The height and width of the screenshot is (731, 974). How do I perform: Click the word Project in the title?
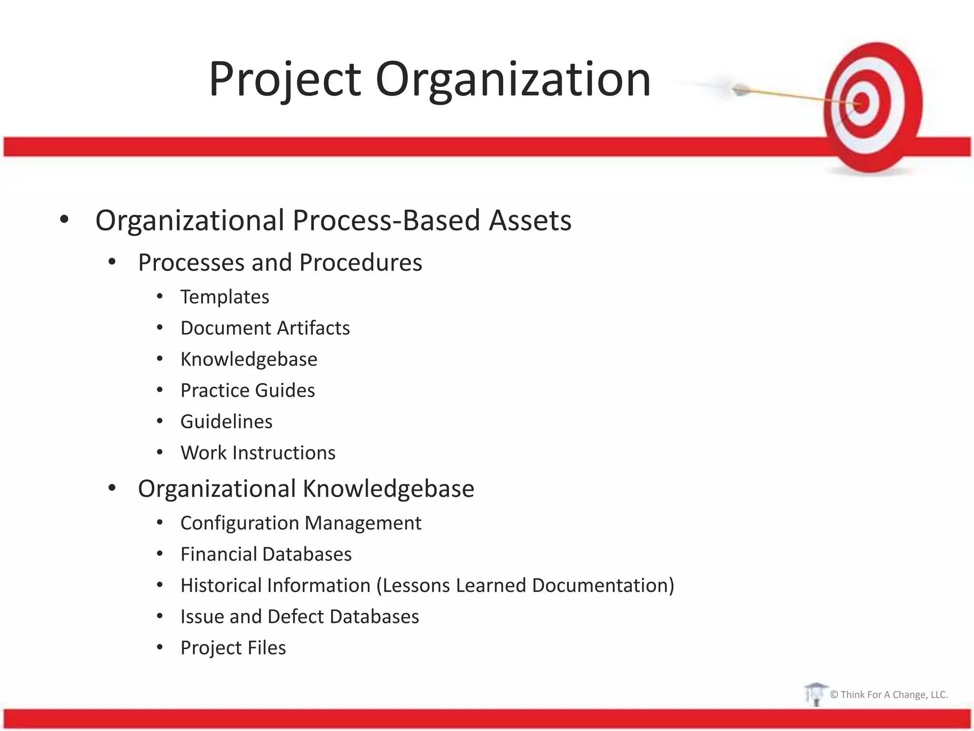(x=284, y=80)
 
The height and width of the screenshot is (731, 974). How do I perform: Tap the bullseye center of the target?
(x=862, y=102)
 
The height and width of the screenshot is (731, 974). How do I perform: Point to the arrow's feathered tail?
(x=740, y=89)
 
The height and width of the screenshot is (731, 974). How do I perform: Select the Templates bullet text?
(x=224, y=297)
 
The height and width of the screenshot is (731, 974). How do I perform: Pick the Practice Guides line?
(x=247, y=390)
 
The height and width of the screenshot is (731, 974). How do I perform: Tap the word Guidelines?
(x=226, y=422)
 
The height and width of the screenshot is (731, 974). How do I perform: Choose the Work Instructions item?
(x=258, y=453)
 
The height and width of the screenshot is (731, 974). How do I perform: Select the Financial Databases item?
(x=266, y=554)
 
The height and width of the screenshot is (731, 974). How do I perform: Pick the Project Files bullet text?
(x=233, y=648)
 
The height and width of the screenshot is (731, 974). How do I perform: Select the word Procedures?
(x=360, y=263)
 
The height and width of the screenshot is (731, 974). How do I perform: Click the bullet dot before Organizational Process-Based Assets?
(x=64, y=220)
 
